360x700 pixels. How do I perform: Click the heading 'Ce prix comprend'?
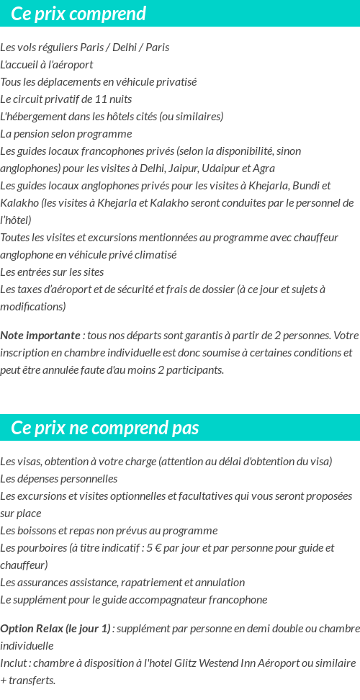point(78,14)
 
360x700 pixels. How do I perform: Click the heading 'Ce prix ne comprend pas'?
point(105,428)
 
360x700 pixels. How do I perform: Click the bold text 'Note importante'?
point(40,336)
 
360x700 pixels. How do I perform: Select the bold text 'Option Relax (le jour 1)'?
point(55,629)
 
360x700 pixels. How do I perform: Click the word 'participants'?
point(194,370)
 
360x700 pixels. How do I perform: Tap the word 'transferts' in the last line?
point(32,681)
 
